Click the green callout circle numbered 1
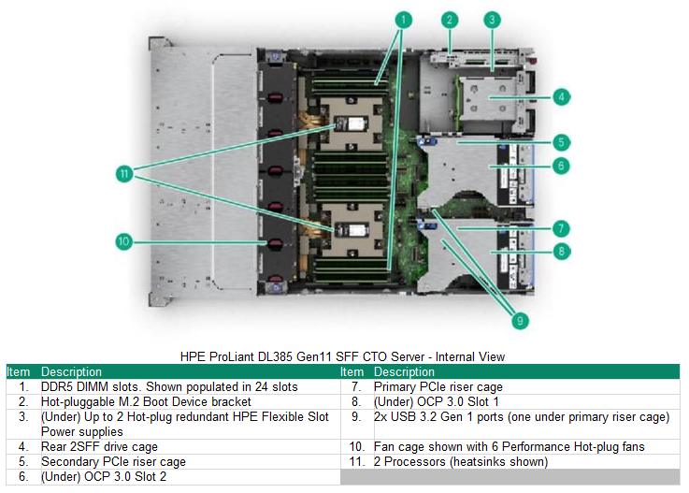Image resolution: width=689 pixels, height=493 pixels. (x=403, y=19)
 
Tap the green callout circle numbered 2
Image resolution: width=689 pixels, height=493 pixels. (x=450, y=19)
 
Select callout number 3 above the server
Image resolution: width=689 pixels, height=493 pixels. (x=493, y=19)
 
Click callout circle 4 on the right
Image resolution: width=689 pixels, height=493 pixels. (x=560, y=96)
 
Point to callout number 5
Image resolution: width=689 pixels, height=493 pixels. (x=560, y=142)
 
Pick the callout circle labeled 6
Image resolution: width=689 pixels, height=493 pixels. (x=560, y=166)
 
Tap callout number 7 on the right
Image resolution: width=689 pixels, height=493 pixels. (x=560, y=227)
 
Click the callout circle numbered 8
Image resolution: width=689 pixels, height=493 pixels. (x=560, y=251)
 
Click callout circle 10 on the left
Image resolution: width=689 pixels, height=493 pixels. (x=123, y=241)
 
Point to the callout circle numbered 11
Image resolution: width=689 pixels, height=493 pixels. (x=123, y=172)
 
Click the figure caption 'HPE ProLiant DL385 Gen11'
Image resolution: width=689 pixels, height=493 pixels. (x=342, y=356)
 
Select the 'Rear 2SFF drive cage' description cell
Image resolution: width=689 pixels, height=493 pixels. (x=99, y=446)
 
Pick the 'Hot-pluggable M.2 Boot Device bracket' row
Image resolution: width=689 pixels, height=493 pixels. (x=145, y=401)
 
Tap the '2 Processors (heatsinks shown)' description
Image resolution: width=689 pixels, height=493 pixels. (x=460, y=461)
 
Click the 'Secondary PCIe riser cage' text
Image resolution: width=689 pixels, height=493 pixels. (x=113, y=461)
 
